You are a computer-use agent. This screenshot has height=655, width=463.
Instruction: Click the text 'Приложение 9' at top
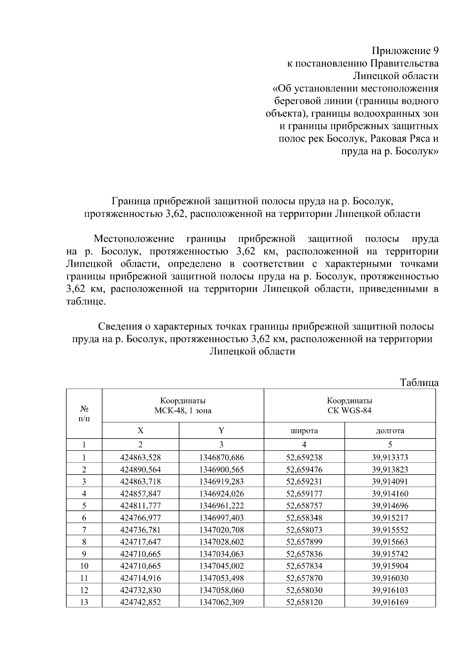pyautogui.click(x=405, y=51)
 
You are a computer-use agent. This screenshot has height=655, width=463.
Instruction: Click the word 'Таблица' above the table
pyautogui.click(x=419, y=383)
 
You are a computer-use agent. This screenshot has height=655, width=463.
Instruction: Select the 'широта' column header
pyautogui.click(x=304, y=431)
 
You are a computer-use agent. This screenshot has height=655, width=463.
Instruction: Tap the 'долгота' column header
pyautogui.click(x=390, y=431)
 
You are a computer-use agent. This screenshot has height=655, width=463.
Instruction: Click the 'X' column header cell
pyautogui.click(x=140, y=431)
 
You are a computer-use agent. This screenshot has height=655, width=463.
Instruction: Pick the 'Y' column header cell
pyautogui.click(x=221, y=431)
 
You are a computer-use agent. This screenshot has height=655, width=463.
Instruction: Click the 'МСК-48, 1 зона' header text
pyautogui.click(x=183, y=410)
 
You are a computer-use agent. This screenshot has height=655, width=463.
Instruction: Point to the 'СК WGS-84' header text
pyautogui.click(x=349, y=410)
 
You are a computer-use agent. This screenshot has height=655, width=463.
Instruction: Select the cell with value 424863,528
pyautogui.click(x=140, y=458)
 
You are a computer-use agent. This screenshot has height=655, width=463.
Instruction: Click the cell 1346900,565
pyautogui.click(x=221, y=470)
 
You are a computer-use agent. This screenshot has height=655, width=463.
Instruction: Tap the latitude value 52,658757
pyautogui.click(x=304, y=506)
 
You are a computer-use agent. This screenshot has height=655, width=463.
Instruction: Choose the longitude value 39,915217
pyautogui.click(x=390, y=518)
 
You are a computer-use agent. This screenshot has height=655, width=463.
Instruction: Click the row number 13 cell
pyautogui.click(x=84, y=602)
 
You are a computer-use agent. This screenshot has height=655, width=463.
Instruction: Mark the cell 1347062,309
pyautogui.click(x=221, y=602)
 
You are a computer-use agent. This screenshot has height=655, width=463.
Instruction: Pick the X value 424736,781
pyautogui.click(x=140, y=530)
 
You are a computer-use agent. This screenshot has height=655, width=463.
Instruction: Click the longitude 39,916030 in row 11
pyautogui.click(x=390, y=578)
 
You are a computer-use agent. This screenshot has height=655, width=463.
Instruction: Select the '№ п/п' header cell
pyautogui.click(x=84, y=413)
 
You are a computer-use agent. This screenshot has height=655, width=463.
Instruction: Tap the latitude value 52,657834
pyautogui.click(x=304, y=566)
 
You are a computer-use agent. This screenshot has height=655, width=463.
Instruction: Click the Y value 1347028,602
pyautogui.click(x=221, y=542)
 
